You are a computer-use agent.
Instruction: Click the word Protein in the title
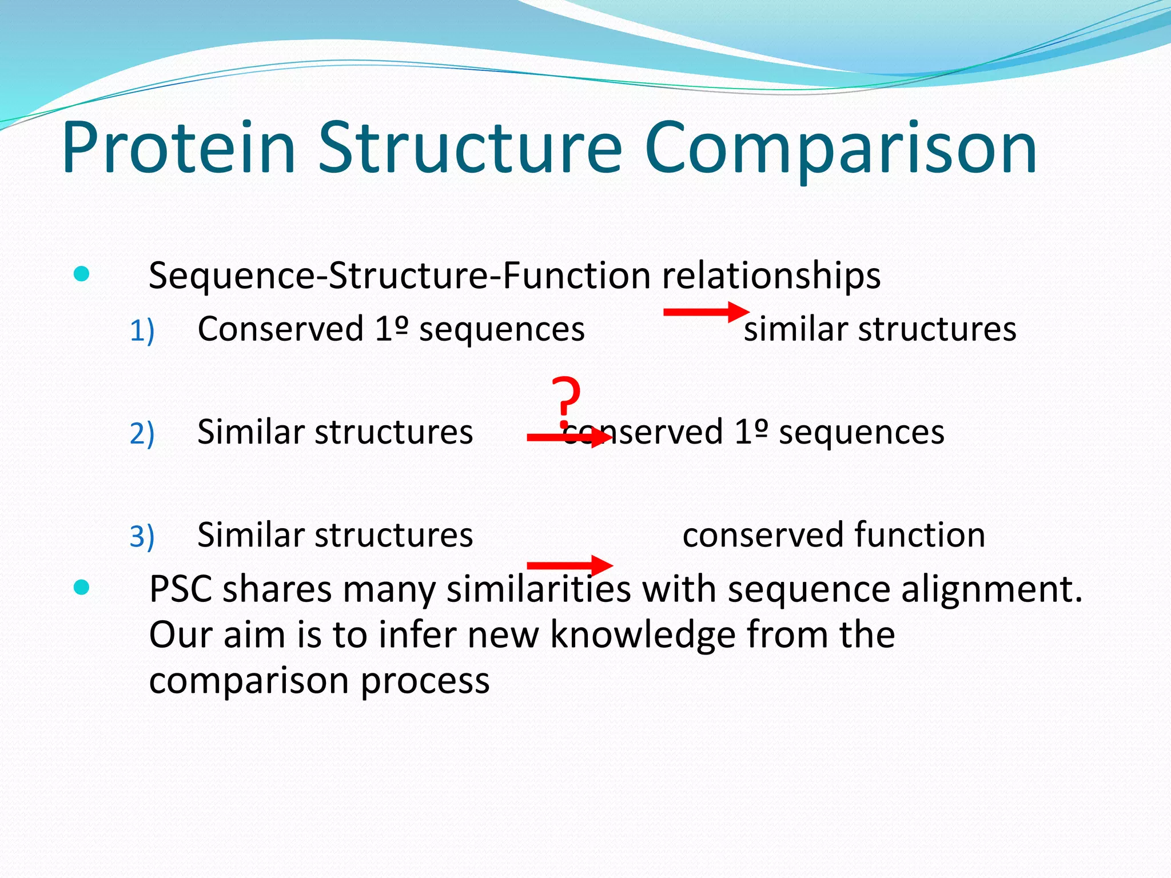pos(178,147)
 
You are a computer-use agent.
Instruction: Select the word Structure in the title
pos(469,147)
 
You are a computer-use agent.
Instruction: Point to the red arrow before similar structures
pos(706,312)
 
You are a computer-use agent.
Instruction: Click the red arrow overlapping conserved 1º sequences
pos(569,438)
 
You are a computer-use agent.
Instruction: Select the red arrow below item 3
pos(569,565)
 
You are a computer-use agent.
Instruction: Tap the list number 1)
pos(142,331)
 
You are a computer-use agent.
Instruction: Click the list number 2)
pos(142,433)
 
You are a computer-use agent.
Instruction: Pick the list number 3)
pos(142,536)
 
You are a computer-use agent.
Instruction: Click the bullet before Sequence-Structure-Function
pos(82,274)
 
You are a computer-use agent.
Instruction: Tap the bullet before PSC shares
pos(82,587)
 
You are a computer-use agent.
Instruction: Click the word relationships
pos(771,276)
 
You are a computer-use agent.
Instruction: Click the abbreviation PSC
pos(181,589)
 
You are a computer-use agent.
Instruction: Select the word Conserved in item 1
pos(280,330)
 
